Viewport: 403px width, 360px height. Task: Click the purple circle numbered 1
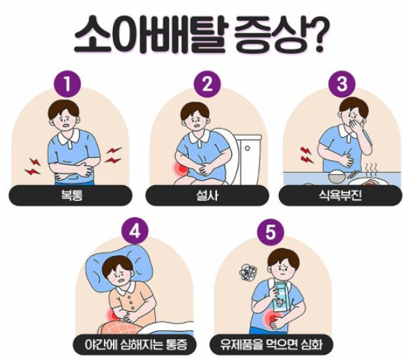click(67, 84)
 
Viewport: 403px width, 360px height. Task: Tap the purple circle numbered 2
click(207, 84)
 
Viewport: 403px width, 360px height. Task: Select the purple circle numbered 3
click(342, 84)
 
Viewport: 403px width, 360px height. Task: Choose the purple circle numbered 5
click(270, 232)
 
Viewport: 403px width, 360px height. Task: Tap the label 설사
click(207, 195)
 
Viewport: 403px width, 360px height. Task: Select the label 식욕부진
click(340, 195)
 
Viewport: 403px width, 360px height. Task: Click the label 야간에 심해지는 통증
click(136, 345)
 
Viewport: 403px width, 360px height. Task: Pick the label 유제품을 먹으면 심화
click(271, 345)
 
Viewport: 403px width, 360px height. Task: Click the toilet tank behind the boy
click(248, 160)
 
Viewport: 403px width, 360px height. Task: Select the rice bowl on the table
click(337, 176)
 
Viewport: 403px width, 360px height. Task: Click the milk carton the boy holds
click(282, 297)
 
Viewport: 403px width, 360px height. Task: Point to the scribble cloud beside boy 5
click(248, 273)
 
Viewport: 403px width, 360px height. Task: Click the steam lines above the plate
click(371, 167)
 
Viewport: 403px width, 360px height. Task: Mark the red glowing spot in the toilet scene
click(182, 168)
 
